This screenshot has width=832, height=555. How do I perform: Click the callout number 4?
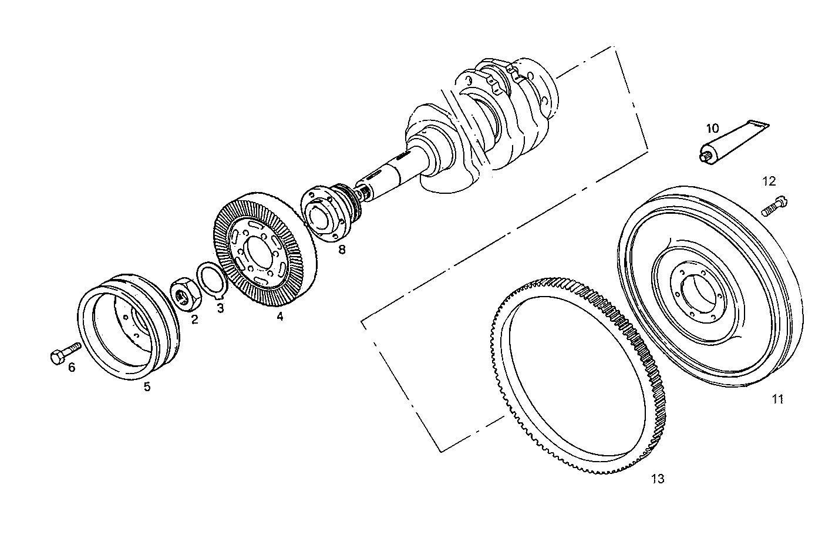pos(280,317)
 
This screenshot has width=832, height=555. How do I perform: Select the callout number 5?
pos(147,386)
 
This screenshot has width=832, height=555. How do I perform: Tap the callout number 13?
pos(658,479)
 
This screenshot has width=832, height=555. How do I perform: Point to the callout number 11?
pos(778,399)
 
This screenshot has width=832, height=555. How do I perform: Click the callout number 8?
pos(342,249)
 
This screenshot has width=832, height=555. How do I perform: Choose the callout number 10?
pos(712,128)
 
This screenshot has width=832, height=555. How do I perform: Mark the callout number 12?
pos(769,181)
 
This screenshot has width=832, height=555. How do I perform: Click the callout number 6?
pos(72,368)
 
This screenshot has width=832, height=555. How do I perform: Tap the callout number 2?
pos(194,319)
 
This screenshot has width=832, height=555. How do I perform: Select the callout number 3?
pos(220,308)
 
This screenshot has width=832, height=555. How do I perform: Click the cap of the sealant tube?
pos(705,156)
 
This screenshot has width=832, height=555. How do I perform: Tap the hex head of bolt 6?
pos(57,357)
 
